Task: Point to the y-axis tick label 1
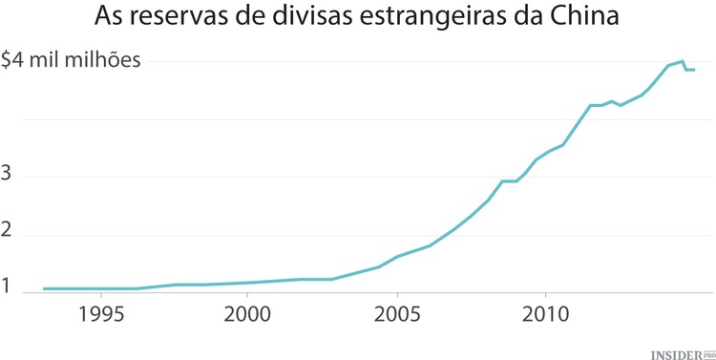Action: click(6, 287)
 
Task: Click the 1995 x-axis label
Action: click(99, 314)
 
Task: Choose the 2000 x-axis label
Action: click(248, 314)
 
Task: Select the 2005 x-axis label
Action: click(397, 314)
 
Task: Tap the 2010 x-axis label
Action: click(545, 314)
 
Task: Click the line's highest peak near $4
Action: click(682, 61)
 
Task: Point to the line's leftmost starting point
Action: click(44, 288)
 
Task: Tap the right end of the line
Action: click(694, 70)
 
